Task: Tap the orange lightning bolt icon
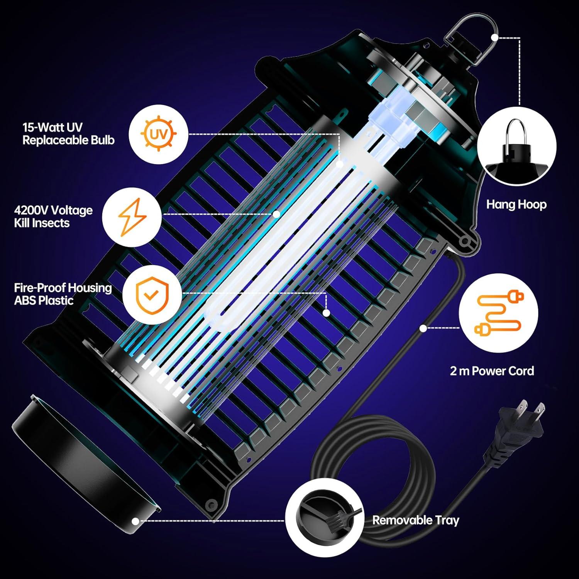(x=132, y=217)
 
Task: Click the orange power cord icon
(x=499, y=313)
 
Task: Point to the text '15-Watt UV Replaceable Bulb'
(x=68, y=134)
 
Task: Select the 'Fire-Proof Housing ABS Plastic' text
(x=63, y=294)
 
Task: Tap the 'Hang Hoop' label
(x=516, y=204)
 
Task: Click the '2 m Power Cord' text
(x=492, y=371)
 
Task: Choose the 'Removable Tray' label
(x=415, y=520)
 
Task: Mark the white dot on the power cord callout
(x=423, y=328)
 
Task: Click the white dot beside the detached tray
(x=135, y=521)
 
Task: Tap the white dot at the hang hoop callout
(x=495, y=37)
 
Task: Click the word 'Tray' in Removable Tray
(x=447, y=520)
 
